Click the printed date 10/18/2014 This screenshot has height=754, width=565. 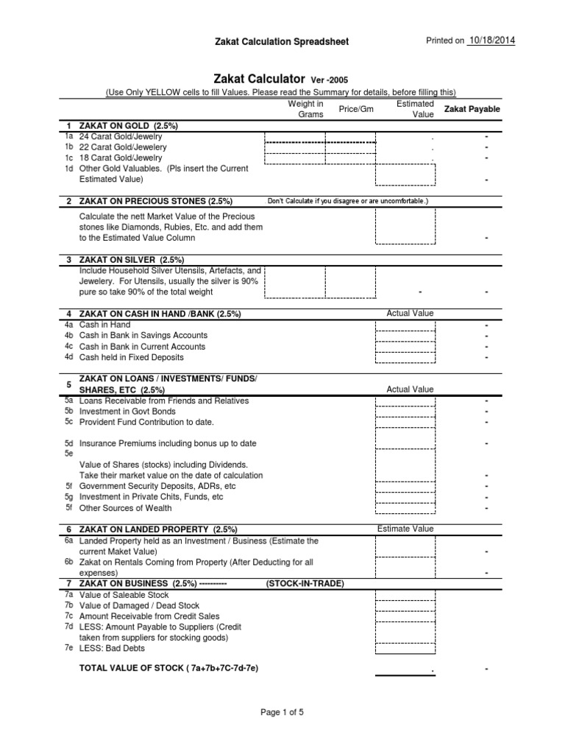tap(491, 40)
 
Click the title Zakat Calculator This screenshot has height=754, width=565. tap(260, 77)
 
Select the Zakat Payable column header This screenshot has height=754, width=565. tap(471, 109)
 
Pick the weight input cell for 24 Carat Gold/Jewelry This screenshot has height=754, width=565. tap(294, 137)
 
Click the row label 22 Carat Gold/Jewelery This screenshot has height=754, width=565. tap(123, 147)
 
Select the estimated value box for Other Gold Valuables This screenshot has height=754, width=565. tap(405, 175)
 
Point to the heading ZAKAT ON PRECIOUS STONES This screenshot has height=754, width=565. tap(156, 201)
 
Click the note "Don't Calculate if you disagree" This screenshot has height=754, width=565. tap(347, 201)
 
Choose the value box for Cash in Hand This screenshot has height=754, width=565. tap(405, 325)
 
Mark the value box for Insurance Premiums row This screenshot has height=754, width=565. tap(405, 438)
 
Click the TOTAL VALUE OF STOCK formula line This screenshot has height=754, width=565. tap(168, 668)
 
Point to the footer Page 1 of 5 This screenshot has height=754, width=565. tap(282, 712)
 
